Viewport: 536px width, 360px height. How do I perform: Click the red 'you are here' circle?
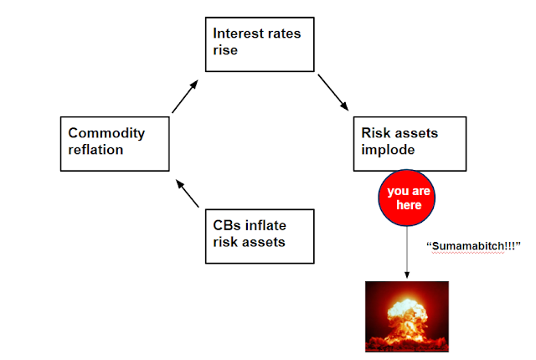(409, 198)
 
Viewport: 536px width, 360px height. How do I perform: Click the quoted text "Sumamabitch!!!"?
(474, 245)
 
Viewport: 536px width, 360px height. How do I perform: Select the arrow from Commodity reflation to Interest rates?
(186, 96)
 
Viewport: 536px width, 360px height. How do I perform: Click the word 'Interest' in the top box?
(237, 34)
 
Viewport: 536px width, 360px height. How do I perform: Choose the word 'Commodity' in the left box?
(106, 132)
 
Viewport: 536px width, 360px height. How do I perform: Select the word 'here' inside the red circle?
(408, 204)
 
